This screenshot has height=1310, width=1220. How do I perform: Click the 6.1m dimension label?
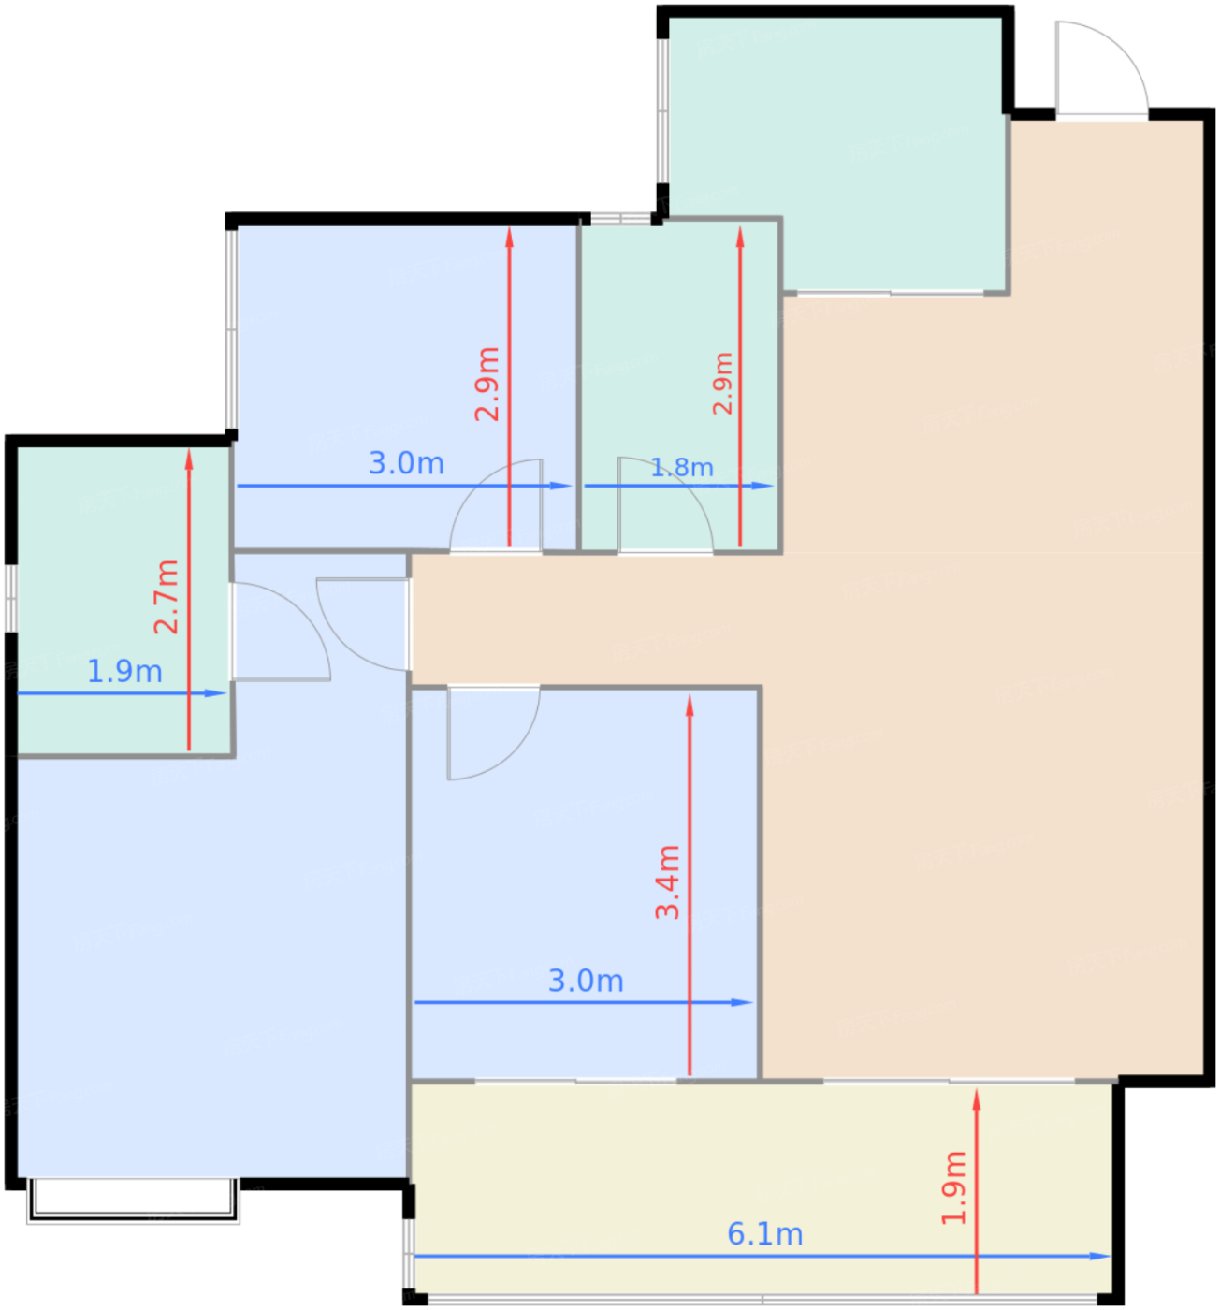(764, 1234)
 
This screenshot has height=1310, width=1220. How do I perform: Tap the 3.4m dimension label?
(667, 882)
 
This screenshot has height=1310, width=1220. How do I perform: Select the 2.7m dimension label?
(167, 597)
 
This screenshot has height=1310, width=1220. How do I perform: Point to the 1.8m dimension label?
(682, 467)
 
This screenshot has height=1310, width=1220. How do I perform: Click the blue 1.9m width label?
(124, 671)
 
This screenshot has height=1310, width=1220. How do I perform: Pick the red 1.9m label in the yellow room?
(953, 1188)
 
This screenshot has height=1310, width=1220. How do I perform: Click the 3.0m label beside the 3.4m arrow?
(586, 981)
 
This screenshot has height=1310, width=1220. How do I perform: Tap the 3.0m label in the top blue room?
(406, 462)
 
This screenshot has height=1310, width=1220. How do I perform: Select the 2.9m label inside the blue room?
(487, 384)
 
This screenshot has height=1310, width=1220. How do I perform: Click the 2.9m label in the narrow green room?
(722, 384)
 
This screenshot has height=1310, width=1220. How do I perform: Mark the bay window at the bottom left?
(133, 1201)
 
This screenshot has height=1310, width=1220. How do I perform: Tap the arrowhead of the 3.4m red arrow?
(690, 705)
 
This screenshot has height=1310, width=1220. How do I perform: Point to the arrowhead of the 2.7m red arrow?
(189, 458)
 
